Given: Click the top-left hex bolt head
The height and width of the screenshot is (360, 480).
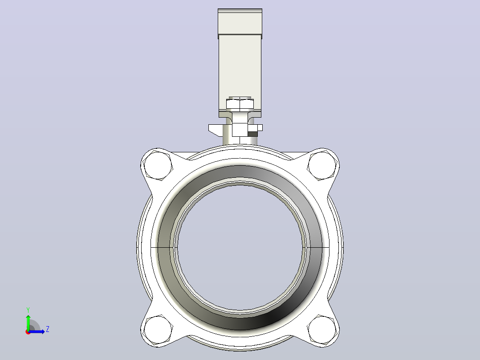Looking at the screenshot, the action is pyautogui.click(x=158, y=165).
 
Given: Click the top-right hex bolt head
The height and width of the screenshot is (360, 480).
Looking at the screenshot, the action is pyautogui.click(x=322, y=165).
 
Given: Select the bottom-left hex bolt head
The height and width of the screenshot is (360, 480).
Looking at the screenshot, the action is pyautogui.click(x=158, y=330).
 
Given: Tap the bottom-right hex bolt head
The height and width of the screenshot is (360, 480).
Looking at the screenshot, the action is pyautogui.click(x=322, y=330).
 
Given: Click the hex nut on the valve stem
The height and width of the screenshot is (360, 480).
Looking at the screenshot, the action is pyautogui.click(x=240, y=105).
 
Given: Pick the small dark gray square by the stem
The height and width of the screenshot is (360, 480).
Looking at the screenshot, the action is pyautogui.click(x=252, y=134).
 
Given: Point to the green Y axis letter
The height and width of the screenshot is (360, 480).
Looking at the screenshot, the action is pyautogui.click(x=28, y=310).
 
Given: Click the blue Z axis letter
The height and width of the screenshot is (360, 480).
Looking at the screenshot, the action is pyautogui.click(x=48, y=329).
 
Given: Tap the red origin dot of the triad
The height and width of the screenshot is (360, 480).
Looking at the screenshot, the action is pyautogui.click(x=28, y=332).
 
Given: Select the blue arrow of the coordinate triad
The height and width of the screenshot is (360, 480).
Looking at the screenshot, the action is pyautogui.click(x=37, y=331).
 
